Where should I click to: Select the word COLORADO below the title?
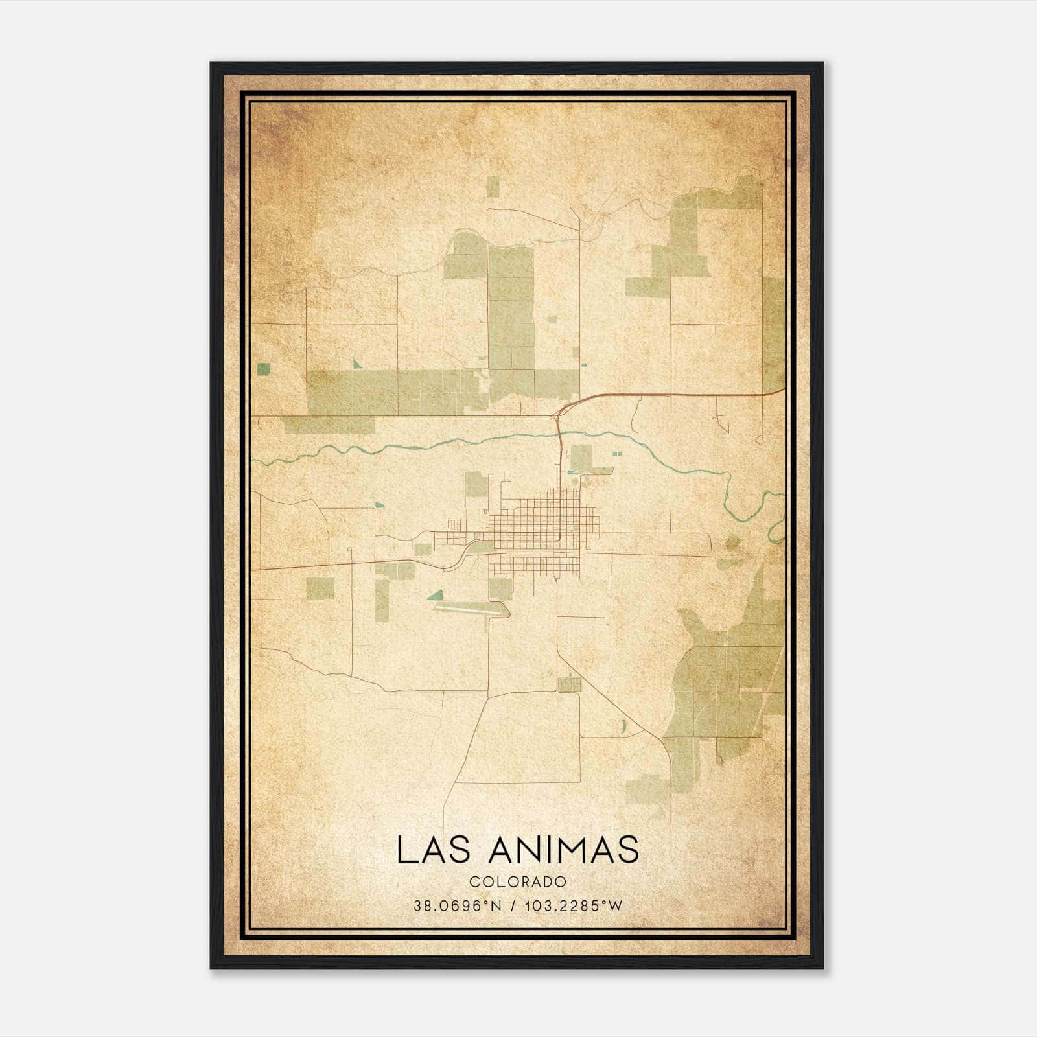[518, 882]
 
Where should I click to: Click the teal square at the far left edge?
[263, 369]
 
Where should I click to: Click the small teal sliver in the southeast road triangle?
[623, 726]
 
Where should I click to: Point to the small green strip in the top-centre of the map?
[493, 188]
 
